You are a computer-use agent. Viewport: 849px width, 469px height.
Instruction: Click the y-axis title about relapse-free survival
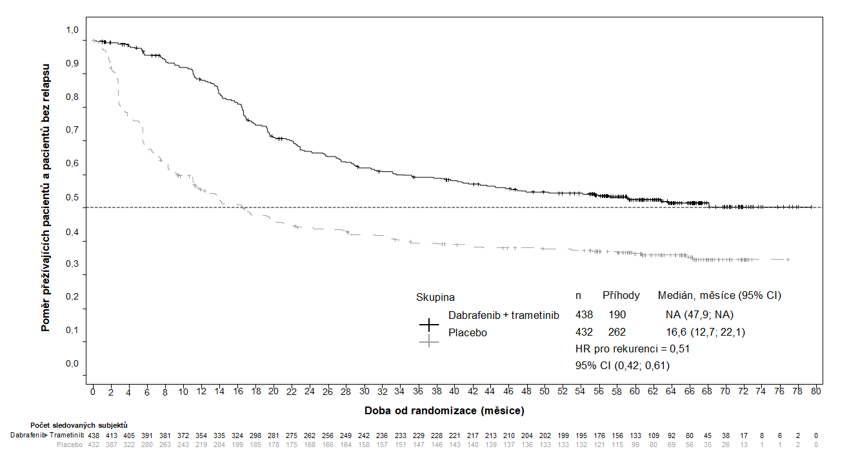tap(46, 197)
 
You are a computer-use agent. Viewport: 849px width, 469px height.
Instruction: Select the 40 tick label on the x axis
tap(455, 390)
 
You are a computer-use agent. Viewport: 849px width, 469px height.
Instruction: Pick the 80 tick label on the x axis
tap(816, 390)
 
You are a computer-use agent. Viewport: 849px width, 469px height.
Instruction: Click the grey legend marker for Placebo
tap(429, 341)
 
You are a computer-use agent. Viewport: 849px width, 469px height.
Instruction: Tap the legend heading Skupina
tap(435, 297)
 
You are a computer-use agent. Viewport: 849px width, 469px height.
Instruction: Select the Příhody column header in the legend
tap(621, 296)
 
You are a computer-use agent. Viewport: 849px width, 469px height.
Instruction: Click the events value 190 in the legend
tap(617, 314)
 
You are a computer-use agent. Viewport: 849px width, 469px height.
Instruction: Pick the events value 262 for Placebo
tap(617, 332)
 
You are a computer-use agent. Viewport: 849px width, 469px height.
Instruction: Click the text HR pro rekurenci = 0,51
tap(623, 349)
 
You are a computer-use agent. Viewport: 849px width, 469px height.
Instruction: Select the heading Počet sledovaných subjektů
tap(79, 425)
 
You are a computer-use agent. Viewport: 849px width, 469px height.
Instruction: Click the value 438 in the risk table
tap(94, 435)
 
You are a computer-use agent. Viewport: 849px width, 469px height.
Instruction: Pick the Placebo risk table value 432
tap(94, 445)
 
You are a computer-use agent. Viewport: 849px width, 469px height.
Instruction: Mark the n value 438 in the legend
tap(584, 314)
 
